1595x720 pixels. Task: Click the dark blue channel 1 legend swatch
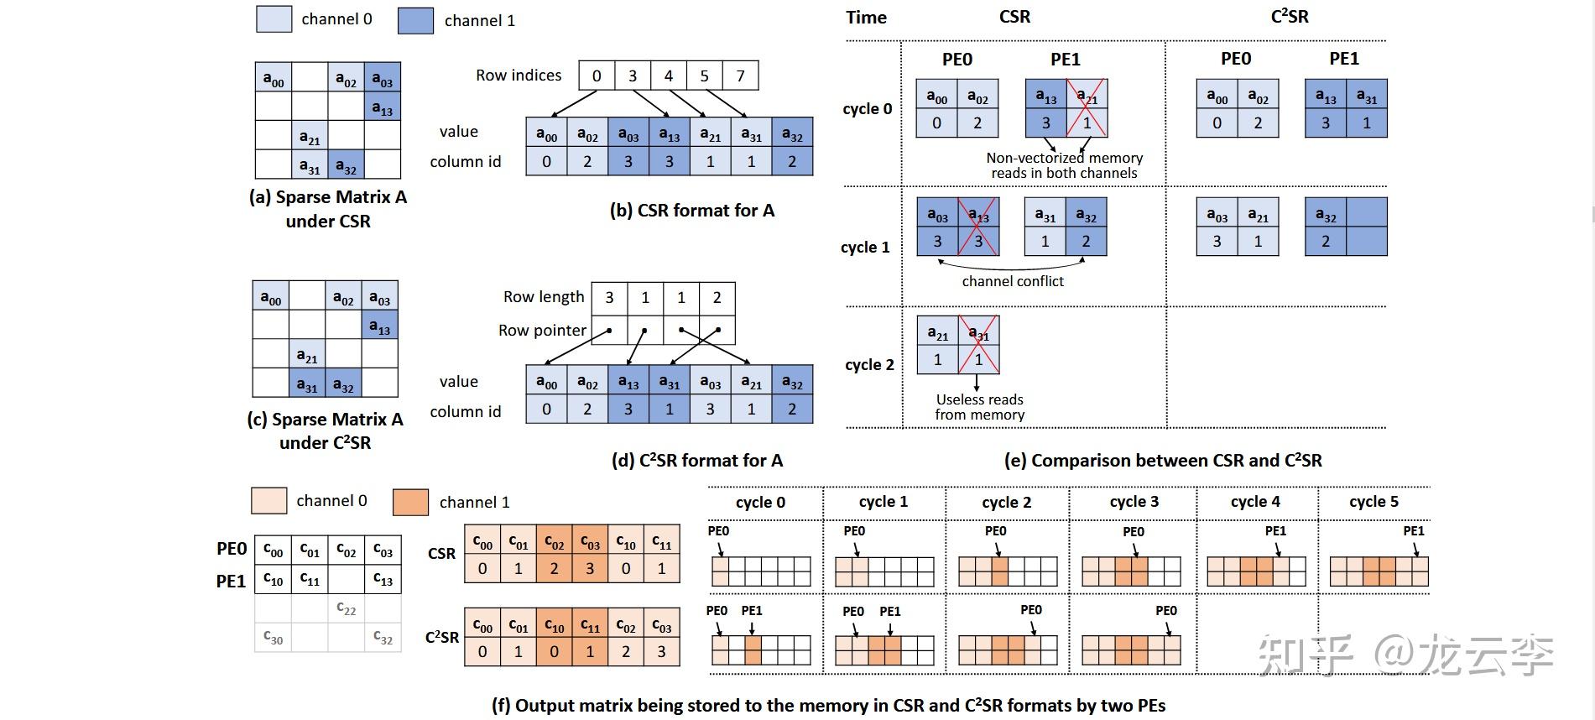pos(415,20)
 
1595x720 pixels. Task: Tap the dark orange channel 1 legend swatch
pos(410,502)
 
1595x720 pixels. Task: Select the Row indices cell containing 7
pos(740,76)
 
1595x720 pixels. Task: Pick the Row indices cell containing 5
pos(704,76)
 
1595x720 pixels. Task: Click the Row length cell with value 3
pos(610,297)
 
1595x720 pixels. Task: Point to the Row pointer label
pos(542,330)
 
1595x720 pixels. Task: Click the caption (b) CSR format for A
pos(692,211)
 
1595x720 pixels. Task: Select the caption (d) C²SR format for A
pos(697,460)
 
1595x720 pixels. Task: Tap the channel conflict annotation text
pos(1013,281)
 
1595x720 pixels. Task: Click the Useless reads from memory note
pos(980,407)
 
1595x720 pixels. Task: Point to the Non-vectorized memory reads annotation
pos(1064,165)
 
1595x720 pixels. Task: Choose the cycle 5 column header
pos(1373,502)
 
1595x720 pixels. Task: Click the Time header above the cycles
pos(866,18)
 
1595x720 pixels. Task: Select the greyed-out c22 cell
pos(346,608)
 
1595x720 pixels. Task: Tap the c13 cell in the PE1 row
pos(383,580)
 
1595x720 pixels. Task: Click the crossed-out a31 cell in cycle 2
pos(978,345)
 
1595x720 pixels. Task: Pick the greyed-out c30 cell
pos(273,637)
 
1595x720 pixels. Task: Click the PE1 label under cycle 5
pos(1414,531)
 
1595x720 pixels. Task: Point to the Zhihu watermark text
pos(1405,655)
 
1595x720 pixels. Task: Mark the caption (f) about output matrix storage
pos(828,706)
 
